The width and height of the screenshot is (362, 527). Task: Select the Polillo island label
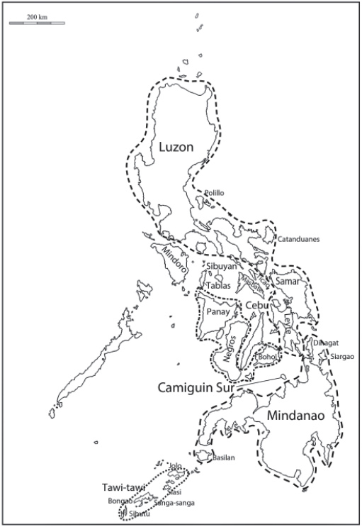tap(214, 192)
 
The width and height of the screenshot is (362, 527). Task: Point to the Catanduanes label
tap(298, 239)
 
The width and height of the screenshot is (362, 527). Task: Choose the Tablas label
tap(219, 285)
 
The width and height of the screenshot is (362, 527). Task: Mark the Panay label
tap(215, 311)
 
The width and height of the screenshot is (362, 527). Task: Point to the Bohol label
tap(267, 356)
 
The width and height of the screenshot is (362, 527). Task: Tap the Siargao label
tap(341, 356)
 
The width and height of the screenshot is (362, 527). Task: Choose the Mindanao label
tap(296, 417)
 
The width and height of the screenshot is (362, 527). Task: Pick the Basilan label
tap(223, 458)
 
